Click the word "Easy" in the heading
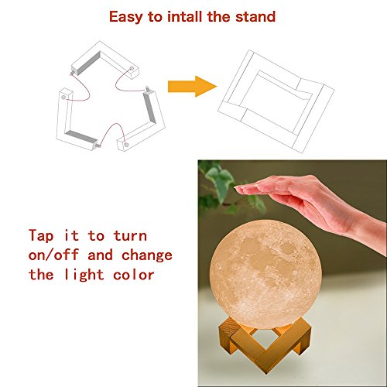click(126, 18)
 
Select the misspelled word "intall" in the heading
click(184, 17)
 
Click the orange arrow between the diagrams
click(192, 87)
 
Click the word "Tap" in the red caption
click(41, 236)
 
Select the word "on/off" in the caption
click(53, 255)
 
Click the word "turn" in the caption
click(130, 236)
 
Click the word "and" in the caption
click(100, 255)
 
